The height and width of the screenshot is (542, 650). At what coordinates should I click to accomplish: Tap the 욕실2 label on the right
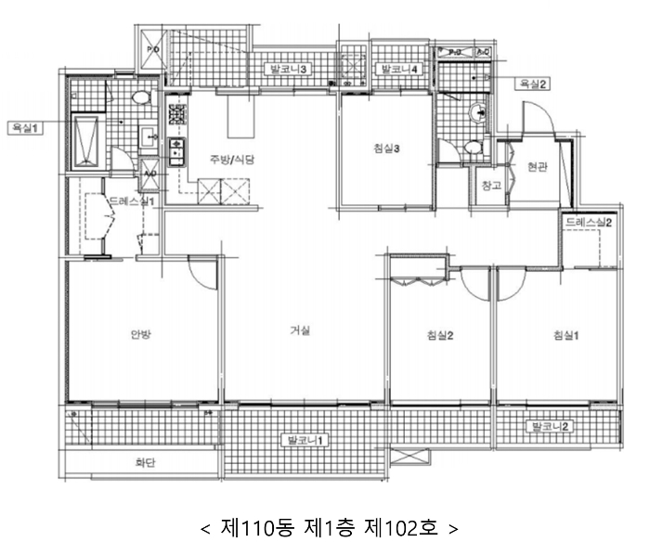click(534, 84)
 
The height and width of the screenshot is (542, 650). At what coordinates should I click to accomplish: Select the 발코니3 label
click(289, 69)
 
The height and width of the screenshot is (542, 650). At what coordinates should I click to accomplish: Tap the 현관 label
click(538, 167)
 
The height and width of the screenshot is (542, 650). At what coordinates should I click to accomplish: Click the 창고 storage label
click(491, 186)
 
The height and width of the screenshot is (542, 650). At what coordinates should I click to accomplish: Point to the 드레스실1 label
click(132, 200)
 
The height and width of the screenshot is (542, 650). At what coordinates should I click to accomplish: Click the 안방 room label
click(141, 335)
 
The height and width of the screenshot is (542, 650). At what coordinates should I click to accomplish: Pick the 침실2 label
click(439, 335)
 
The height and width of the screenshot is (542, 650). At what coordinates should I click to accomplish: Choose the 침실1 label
click(565, 335)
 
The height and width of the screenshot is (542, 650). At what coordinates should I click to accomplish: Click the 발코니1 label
click(305, 439)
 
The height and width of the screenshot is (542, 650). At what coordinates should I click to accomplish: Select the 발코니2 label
click(550, 427)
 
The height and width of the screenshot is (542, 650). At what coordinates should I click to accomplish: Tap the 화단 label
click(145, 462)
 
